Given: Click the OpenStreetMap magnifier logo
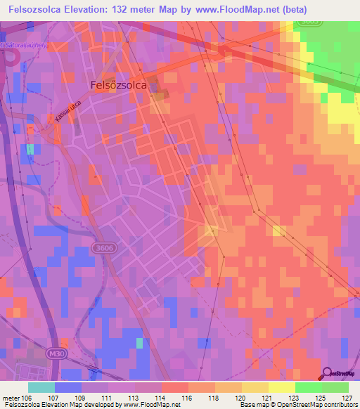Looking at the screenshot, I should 328,373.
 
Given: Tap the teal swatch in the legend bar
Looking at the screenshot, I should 41,387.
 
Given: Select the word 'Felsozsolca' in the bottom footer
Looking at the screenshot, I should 21,404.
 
